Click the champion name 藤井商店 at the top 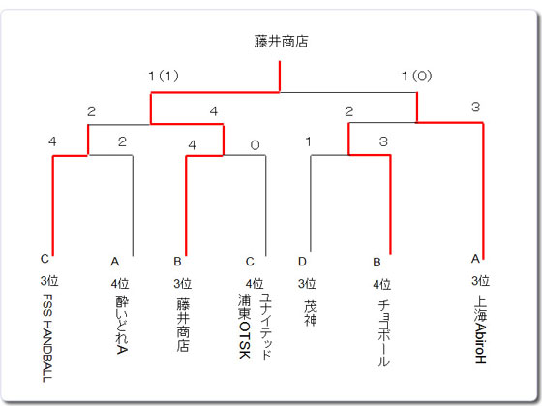click(x=281, y=42)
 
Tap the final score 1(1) click(x=164, y=76)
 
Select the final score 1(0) click(x=417, y=76)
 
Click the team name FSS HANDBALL click(x=47, y=338)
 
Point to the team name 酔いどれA click(x=122, y=325)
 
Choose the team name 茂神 click(x=310, y=313)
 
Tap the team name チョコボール click(x=383, y=333)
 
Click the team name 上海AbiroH click(x=480, y=329)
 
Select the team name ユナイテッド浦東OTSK click(x=255, y=327)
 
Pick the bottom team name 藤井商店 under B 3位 click(x=183, y=325)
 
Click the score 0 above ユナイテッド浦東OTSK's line click(x=256, y=145)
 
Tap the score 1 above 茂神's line click(x=309, y=141)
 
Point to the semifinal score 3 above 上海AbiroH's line click(x=476, y=107)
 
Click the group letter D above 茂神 click(x=302, y=262)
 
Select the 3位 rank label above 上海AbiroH click(x=480, y=280)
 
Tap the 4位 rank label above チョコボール click(x=382, y=285)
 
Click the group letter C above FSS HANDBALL click(x=45, y=259)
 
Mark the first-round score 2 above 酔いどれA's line click(x=122, y=141)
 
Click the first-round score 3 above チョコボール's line click(x=383, y=141)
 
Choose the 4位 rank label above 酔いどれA click(x=120, y=284)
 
